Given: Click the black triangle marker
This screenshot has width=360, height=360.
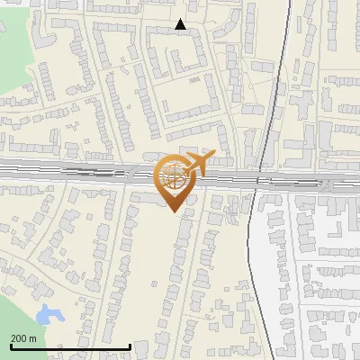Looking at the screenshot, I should coord(181,25).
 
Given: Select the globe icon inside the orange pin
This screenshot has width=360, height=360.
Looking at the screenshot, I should coord(172,175).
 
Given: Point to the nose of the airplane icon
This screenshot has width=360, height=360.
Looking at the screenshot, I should coord(213,156).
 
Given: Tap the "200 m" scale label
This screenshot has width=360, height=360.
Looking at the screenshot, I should coord(24,338).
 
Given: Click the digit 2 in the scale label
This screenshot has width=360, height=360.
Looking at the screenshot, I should coord(13,338).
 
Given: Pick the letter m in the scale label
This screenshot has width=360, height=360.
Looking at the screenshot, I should coord(33,338).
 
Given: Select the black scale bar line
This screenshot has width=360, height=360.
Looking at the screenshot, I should coord(70,346).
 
